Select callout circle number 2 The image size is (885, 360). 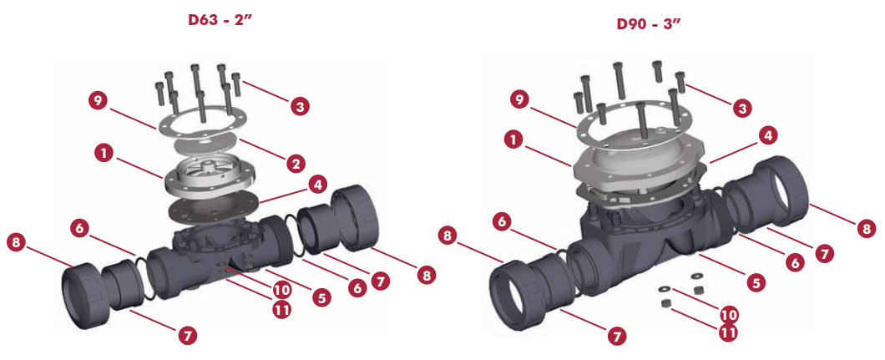click(296, 164)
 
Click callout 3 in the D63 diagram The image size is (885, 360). click(300, 106)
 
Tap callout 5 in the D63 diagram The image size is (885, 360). click(321, 298)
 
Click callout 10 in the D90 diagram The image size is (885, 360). click(728, 314)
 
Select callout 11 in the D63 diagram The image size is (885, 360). click(281, 309)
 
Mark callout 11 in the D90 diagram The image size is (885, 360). click(728, 333)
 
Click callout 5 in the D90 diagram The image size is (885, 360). click(756, 282)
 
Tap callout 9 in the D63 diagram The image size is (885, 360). click(99, 102)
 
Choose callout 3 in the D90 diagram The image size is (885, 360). click(742, 108)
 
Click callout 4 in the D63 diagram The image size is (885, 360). click(318, 185)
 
